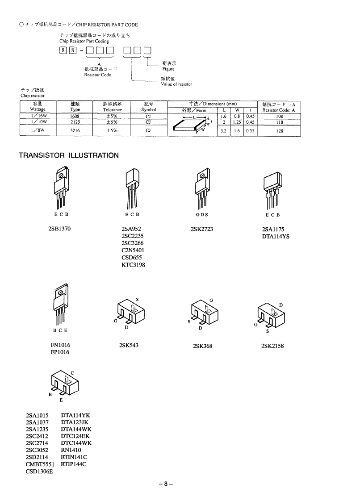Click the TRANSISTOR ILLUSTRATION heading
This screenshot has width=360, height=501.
tap(68, 155)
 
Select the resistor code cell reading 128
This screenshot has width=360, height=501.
tap(280, 131)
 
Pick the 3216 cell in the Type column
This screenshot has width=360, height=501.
tap(75, 130)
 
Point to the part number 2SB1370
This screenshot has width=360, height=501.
tap(59, 230)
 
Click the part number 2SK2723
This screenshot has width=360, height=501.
tap(202, 230)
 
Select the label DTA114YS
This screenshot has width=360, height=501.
tap(276, 237)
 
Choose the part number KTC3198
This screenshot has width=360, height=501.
tap(133, 265)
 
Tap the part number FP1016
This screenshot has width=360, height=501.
tap(60, 352)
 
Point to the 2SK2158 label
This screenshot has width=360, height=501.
tap(272, 346)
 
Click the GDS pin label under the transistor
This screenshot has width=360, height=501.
tap(202, 214)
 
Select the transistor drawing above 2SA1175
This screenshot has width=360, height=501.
tap(272, 189)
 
